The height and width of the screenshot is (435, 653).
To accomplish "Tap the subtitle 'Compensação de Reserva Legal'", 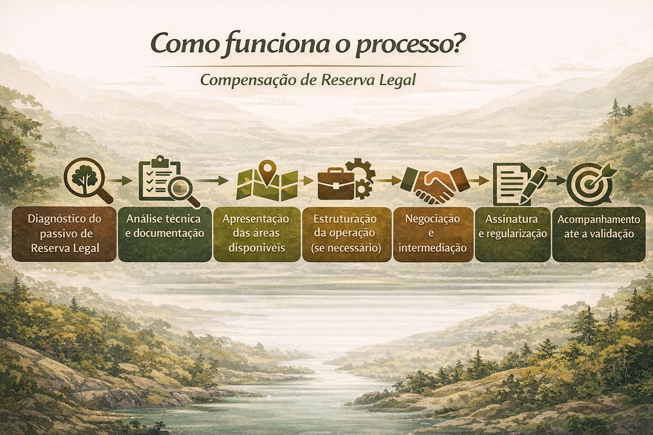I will [308, 80].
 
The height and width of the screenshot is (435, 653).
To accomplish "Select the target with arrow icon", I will [590, 184].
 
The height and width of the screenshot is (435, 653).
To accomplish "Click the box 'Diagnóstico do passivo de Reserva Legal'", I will [65, 234].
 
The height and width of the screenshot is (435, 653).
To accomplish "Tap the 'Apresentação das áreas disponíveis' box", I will [256, 234].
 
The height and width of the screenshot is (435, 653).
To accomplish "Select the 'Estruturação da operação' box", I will [347, 234].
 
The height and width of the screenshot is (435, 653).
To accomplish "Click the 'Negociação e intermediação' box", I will [433, 234].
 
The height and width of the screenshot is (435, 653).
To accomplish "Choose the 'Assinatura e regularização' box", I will [513, 234].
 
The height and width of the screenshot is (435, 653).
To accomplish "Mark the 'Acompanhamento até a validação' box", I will [599, 234].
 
